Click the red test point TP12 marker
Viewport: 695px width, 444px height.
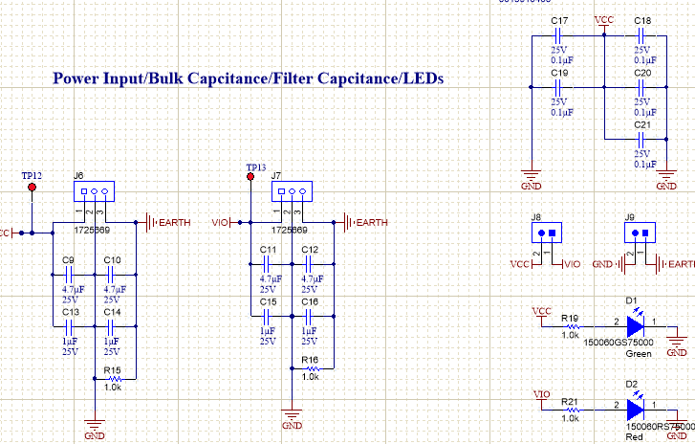click(33, 188)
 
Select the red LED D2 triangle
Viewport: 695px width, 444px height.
click(636, 409)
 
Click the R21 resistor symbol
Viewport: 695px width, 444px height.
click(570, 409)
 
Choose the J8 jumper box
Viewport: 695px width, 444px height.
click(546, 232)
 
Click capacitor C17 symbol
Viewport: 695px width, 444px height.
click(560, 33)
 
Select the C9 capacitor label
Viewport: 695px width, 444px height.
click(68, 260)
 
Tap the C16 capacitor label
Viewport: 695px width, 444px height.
click(310, 302)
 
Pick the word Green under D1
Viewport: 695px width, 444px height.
click(639, 354)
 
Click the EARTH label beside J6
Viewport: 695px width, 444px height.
click(174, 223)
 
